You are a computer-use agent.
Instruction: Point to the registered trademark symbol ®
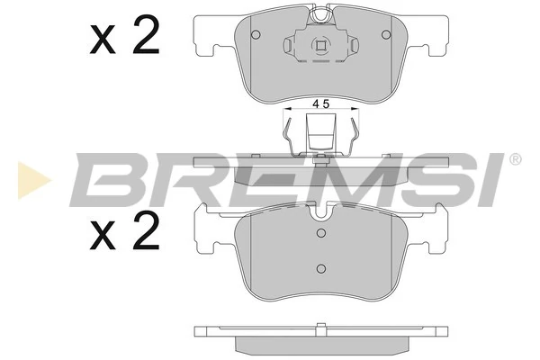[x=515, y=160]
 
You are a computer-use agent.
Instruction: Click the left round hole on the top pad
[x=256, y=35]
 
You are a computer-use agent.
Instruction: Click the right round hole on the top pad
[x=386, y=35]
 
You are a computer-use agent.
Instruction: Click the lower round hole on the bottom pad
[x=320, y=268]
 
